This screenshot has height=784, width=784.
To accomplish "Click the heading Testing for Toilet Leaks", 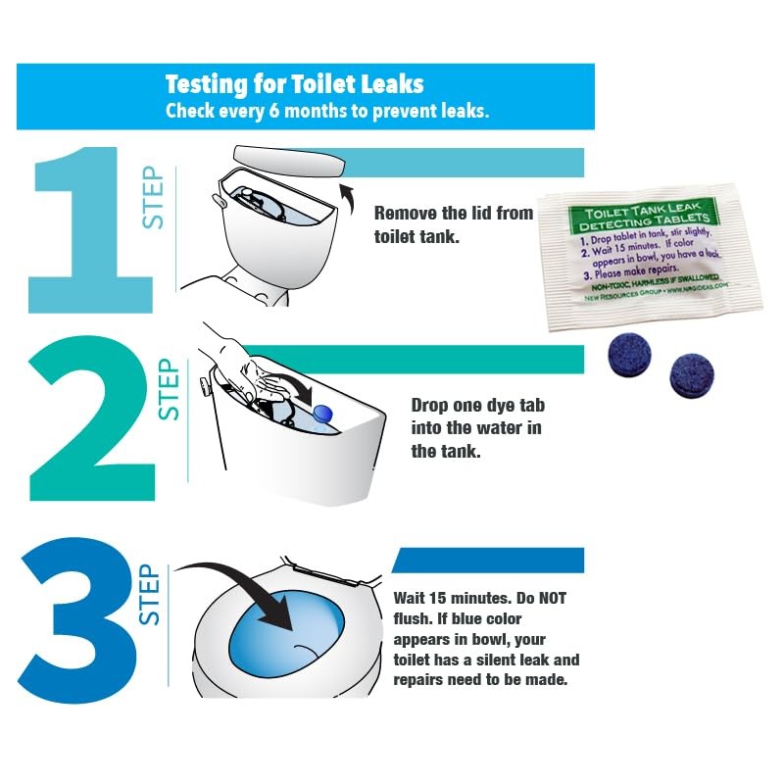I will (x=294, y=83).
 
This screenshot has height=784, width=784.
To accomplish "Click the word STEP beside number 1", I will (x=155, y=198).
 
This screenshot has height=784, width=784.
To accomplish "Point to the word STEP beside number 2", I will (x=169, y=389).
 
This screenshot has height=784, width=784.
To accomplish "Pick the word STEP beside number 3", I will (x=149, y=594).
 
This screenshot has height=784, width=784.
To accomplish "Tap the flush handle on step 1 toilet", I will (x=218, y=196).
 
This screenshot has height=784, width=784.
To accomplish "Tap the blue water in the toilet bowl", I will (x=284, y=637).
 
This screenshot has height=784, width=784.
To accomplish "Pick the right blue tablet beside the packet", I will (x=691, y=374).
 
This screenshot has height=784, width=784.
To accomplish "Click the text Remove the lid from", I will (x=454, y=213).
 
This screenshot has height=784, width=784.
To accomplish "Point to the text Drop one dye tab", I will (x=476, y=405).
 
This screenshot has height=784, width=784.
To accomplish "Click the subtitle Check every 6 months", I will (x=325, y=111).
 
